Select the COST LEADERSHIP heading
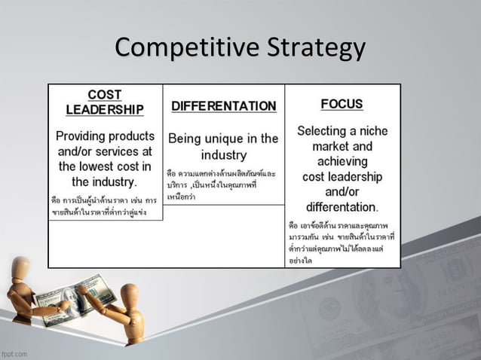pos(105,102)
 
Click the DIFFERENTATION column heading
pos(224,106)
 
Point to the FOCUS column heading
pos(342,104)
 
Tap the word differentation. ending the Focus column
pos(342,206)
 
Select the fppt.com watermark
pos(14,353)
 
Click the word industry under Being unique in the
pos(224,155)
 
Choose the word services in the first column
pos(109,151)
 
